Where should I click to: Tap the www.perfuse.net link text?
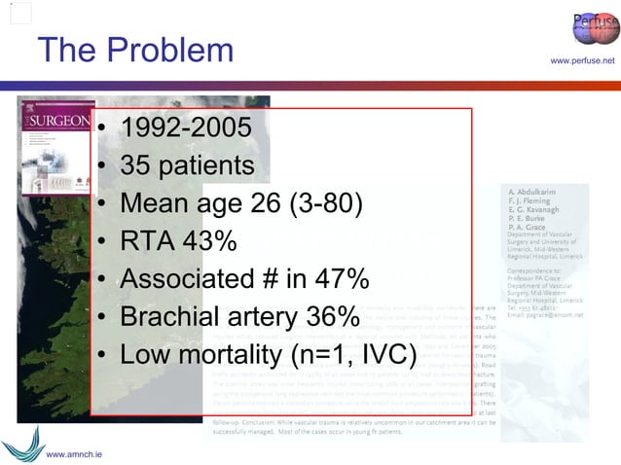[582, 61]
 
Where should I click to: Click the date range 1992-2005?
[185, 127]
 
